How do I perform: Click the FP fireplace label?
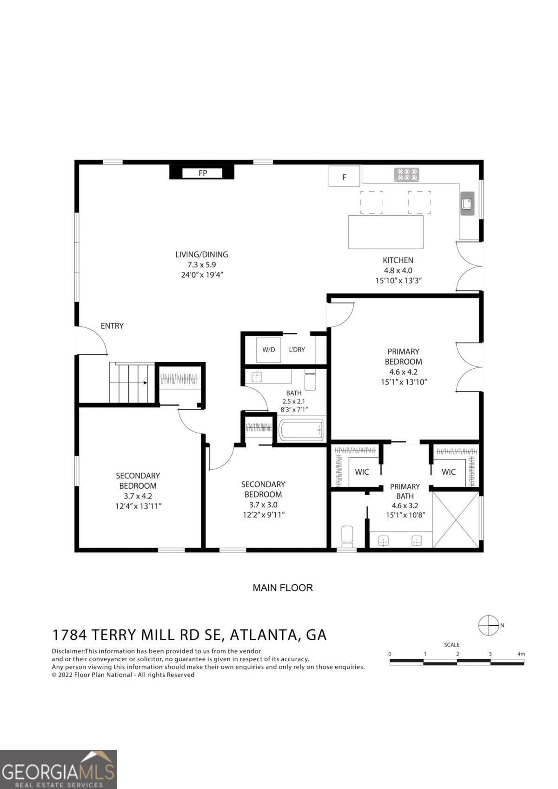(x=203, y=173)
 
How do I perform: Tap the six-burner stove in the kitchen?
(x=406, y=175)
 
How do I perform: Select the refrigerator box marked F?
(x=344, y=176)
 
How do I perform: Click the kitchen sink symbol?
(x=467, y=203)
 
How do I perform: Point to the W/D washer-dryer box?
(x=268, y=350)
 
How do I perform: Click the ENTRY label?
(x=112, y=326)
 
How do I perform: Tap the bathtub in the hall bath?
(x=301, y=430)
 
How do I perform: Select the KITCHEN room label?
(x=398, y=260)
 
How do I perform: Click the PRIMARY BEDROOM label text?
(x=403, y=357)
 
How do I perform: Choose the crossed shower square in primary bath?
(x=456, y=519)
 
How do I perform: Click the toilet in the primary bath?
(x=347, y=537)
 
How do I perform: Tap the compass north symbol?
(x=489, y=625)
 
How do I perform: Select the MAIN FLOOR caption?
(x=283, y=588)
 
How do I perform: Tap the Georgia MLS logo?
(x=59, y=769)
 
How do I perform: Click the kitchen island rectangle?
(x=386, y=232)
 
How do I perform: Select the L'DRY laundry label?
(x=297, y=350)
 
